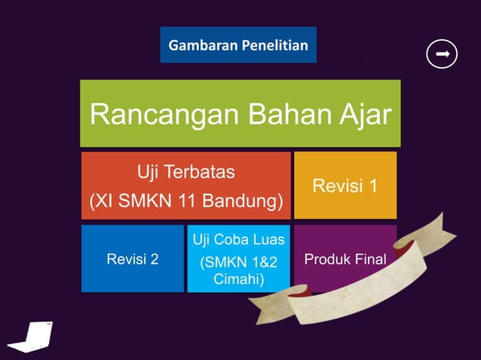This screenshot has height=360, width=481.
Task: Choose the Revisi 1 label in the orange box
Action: [x=345, y=185]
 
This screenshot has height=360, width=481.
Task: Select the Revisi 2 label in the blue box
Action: [x=133, y=260]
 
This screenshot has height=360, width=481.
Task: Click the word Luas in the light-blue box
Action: [x=268, y=240]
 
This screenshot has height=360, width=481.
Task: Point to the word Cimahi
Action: [x=238, y=279]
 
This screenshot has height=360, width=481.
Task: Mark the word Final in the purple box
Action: [x=369, y=260]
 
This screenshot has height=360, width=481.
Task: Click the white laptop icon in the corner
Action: [x=34, y=336]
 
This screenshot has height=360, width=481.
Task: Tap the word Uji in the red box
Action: [x=149, y=172]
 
